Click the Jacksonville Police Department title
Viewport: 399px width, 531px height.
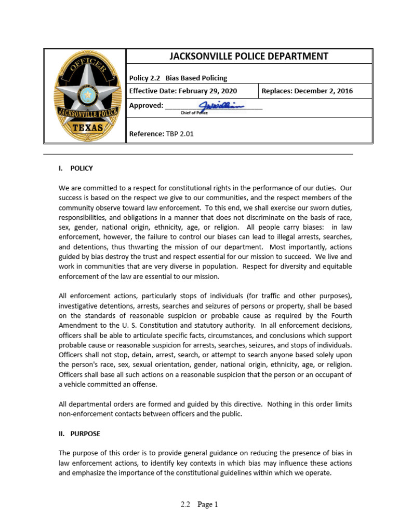pos(249,57)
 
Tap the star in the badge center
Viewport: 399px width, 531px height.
pos(88,95)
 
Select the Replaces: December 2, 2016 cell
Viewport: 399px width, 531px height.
pos(307,91)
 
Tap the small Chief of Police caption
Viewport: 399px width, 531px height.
pos(194,113)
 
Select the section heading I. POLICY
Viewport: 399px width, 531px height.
pos(76,168)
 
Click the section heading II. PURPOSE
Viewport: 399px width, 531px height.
pos(79,434)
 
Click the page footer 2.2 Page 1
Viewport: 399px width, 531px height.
pos(199,504)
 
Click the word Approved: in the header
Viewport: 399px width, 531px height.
pos(146,106)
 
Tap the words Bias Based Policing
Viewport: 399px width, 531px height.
pos(196,78)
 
